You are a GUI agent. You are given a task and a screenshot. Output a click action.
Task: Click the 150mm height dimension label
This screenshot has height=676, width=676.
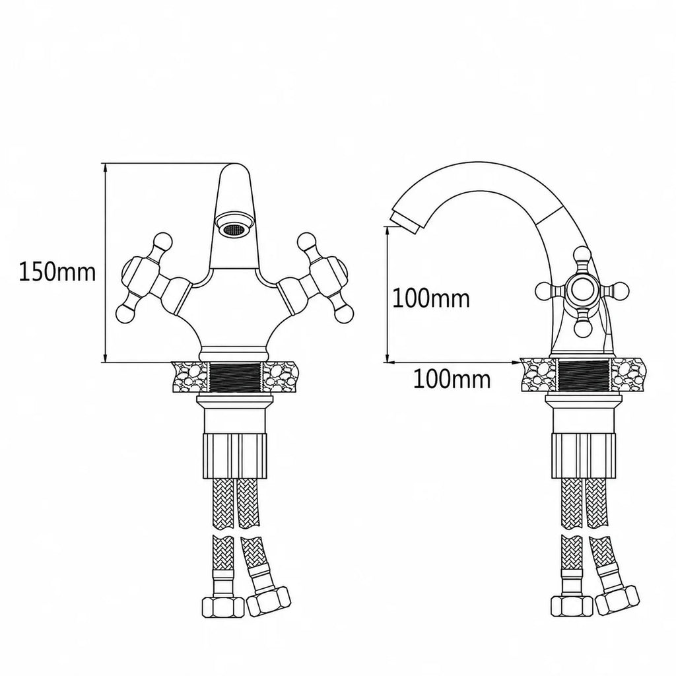[x=57, y=272]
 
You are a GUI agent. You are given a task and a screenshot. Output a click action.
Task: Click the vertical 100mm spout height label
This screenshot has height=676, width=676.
[x=430, y=298]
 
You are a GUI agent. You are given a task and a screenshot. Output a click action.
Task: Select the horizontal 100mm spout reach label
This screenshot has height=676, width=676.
[x=452, y=380]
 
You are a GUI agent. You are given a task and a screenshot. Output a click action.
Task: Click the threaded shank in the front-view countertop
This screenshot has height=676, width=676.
[x=235, y=376]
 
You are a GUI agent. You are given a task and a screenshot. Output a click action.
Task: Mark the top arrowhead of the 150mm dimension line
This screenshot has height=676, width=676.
[x=104, y=168]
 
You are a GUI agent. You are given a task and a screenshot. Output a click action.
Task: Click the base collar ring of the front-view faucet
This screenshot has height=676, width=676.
[x=234, y=354]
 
